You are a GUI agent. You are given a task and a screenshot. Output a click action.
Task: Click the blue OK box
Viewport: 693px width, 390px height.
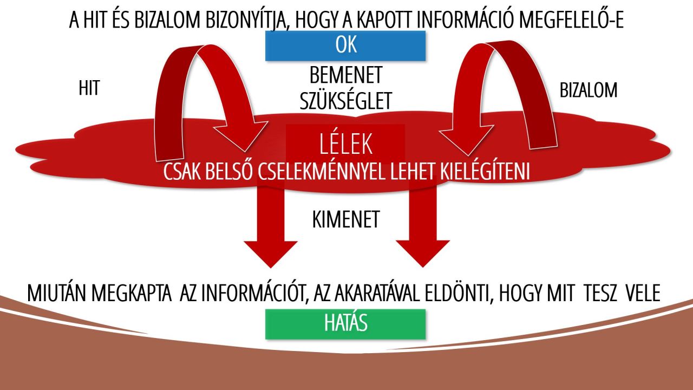[345, 45]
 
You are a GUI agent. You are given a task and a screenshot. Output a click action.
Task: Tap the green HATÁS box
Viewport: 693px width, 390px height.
[345, 324]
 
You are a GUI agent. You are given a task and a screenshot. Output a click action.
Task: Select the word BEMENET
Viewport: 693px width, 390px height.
[346, 75]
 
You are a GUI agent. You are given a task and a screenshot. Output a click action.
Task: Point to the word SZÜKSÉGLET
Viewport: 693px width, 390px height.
[346, 101]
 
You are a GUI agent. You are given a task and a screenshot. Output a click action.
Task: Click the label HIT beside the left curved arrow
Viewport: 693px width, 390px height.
[89, 88]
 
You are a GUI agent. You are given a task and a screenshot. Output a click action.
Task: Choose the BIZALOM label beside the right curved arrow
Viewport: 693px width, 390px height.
[589, 90]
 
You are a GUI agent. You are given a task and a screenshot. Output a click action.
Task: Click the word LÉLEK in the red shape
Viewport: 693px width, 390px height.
[345, 144]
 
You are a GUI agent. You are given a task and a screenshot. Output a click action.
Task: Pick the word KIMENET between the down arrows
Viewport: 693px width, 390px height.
[346, 219]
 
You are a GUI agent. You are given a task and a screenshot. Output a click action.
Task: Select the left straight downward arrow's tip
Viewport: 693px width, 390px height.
[271, 268]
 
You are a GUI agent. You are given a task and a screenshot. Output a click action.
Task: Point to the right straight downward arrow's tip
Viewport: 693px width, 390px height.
[423, 267]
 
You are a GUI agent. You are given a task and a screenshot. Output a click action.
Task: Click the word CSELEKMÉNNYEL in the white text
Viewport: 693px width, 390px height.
[322, 172]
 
